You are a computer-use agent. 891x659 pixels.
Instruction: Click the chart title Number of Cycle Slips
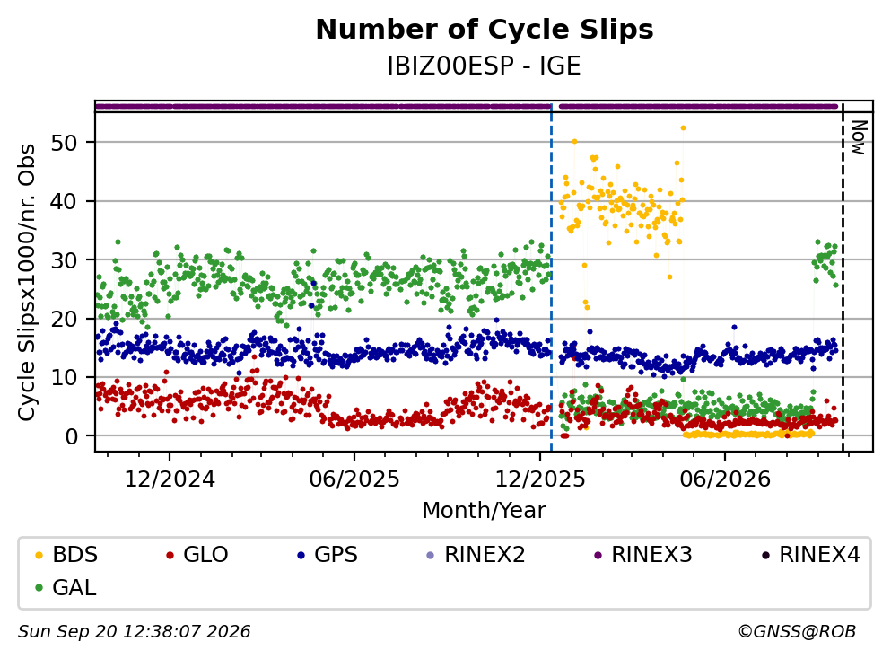click(485, 30)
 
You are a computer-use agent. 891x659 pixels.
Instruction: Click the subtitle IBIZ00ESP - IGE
click(485, 66)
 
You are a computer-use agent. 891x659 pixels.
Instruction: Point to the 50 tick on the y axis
click(64, 143)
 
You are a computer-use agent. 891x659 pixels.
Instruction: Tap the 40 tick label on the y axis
click(64, 201)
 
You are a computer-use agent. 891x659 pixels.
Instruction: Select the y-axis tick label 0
click(71, 436)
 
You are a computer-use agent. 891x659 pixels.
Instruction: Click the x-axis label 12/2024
click(170, 479)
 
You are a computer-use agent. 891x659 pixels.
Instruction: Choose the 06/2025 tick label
click(354, 479)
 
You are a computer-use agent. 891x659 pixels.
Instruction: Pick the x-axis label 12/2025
click(540, 479)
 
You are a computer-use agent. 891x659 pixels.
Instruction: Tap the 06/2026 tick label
click(725, 479)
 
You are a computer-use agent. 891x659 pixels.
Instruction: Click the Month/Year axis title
click(485, 511)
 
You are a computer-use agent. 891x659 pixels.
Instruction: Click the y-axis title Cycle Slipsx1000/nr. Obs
click(27, 282)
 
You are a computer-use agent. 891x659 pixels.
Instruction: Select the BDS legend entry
click(66, 554)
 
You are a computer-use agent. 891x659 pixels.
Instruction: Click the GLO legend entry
click(197, 554)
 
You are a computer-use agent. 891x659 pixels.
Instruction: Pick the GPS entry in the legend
click(328, 554)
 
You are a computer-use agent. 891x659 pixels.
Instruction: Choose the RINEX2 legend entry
click(476, 554)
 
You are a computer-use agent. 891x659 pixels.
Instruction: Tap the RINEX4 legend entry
click(811, 554)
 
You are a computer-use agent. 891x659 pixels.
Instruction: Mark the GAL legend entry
click(66, 588)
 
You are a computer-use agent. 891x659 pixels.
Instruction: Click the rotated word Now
click(859, 137)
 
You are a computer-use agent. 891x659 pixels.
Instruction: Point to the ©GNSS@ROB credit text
click(797, 631)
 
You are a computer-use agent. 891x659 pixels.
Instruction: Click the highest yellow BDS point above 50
click(683, 127)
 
